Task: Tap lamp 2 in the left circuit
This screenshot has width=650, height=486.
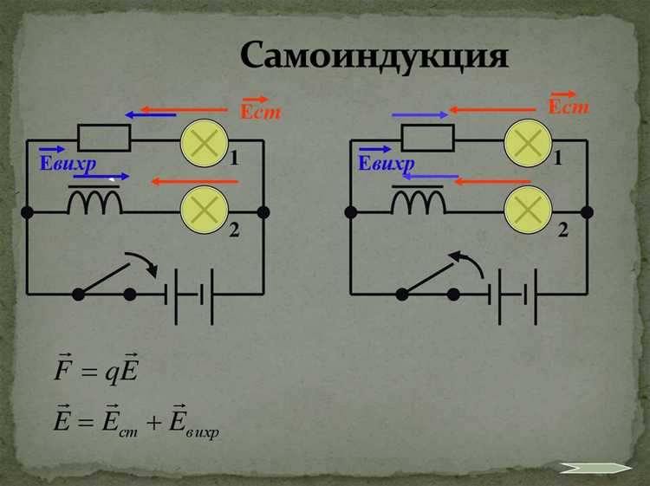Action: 204,209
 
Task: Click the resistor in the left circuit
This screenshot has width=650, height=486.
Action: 104,137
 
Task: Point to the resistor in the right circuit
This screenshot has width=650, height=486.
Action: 428,137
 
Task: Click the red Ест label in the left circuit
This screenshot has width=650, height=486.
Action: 259,112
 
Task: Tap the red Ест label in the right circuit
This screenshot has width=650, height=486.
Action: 569,107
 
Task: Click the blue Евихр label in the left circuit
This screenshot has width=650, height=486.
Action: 68,163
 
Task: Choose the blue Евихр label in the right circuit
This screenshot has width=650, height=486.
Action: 387,163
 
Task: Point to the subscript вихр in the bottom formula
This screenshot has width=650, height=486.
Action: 202,432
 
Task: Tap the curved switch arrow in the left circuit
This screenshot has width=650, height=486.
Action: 143,263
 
